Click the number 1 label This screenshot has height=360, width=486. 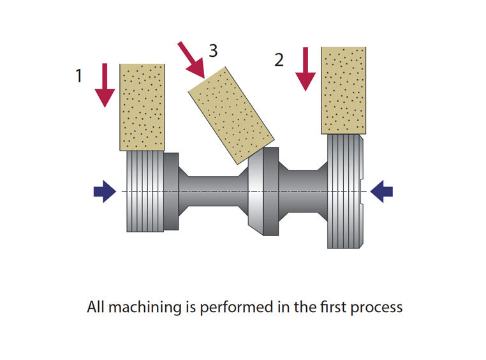click(x=78, y=76)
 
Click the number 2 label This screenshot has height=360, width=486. click(x=279, y=59)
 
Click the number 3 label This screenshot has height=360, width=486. click(x=213, y=50)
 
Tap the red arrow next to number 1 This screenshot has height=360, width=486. click(x=105, y=86)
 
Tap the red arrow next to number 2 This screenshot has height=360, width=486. click(x=306, y=69)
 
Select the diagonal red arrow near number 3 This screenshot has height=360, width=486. click(x=192, y=60)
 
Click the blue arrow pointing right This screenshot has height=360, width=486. click(x=105, y=191)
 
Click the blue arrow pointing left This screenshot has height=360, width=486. click(x=381, y=191)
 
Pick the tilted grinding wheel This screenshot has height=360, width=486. click(x=232, y=116)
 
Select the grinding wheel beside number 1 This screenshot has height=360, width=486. click(x=142, y=107)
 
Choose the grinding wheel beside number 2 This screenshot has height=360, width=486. click(x=343, y=91)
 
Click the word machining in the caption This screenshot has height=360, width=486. click(x=145, y=308)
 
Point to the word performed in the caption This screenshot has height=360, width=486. click(x=236, y=308)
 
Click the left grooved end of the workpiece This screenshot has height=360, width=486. click(x=145, y=191)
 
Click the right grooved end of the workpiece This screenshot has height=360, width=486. click(x=345, y=191)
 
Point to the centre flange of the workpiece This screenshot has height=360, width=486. click(x=263, y=191)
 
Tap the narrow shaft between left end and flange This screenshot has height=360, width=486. click(x=214, y=191)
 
